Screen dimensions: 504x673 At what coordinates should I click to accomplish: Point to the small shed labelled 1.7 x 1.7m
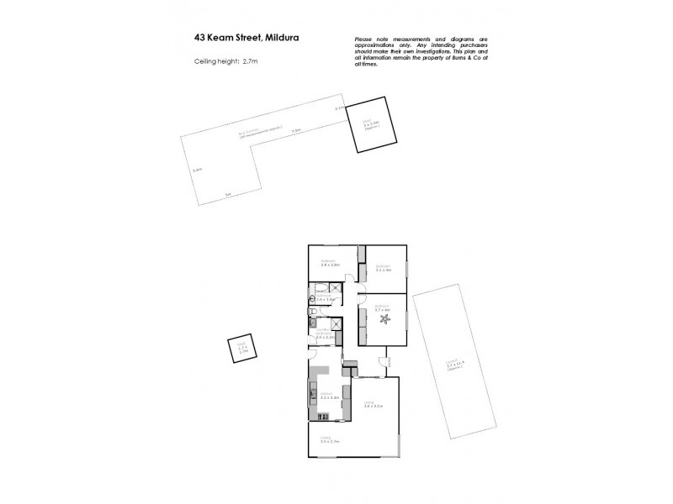pos(241,349)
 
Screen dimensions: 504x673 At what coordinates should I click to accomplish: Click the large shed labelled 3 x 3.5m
pos(367,123)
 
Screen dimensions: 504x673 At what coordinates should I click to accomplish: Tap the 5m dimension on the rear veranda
pos(228,195)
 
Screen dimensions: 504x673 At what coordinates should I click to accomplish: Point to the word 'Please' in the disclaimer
pos(363,40)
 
